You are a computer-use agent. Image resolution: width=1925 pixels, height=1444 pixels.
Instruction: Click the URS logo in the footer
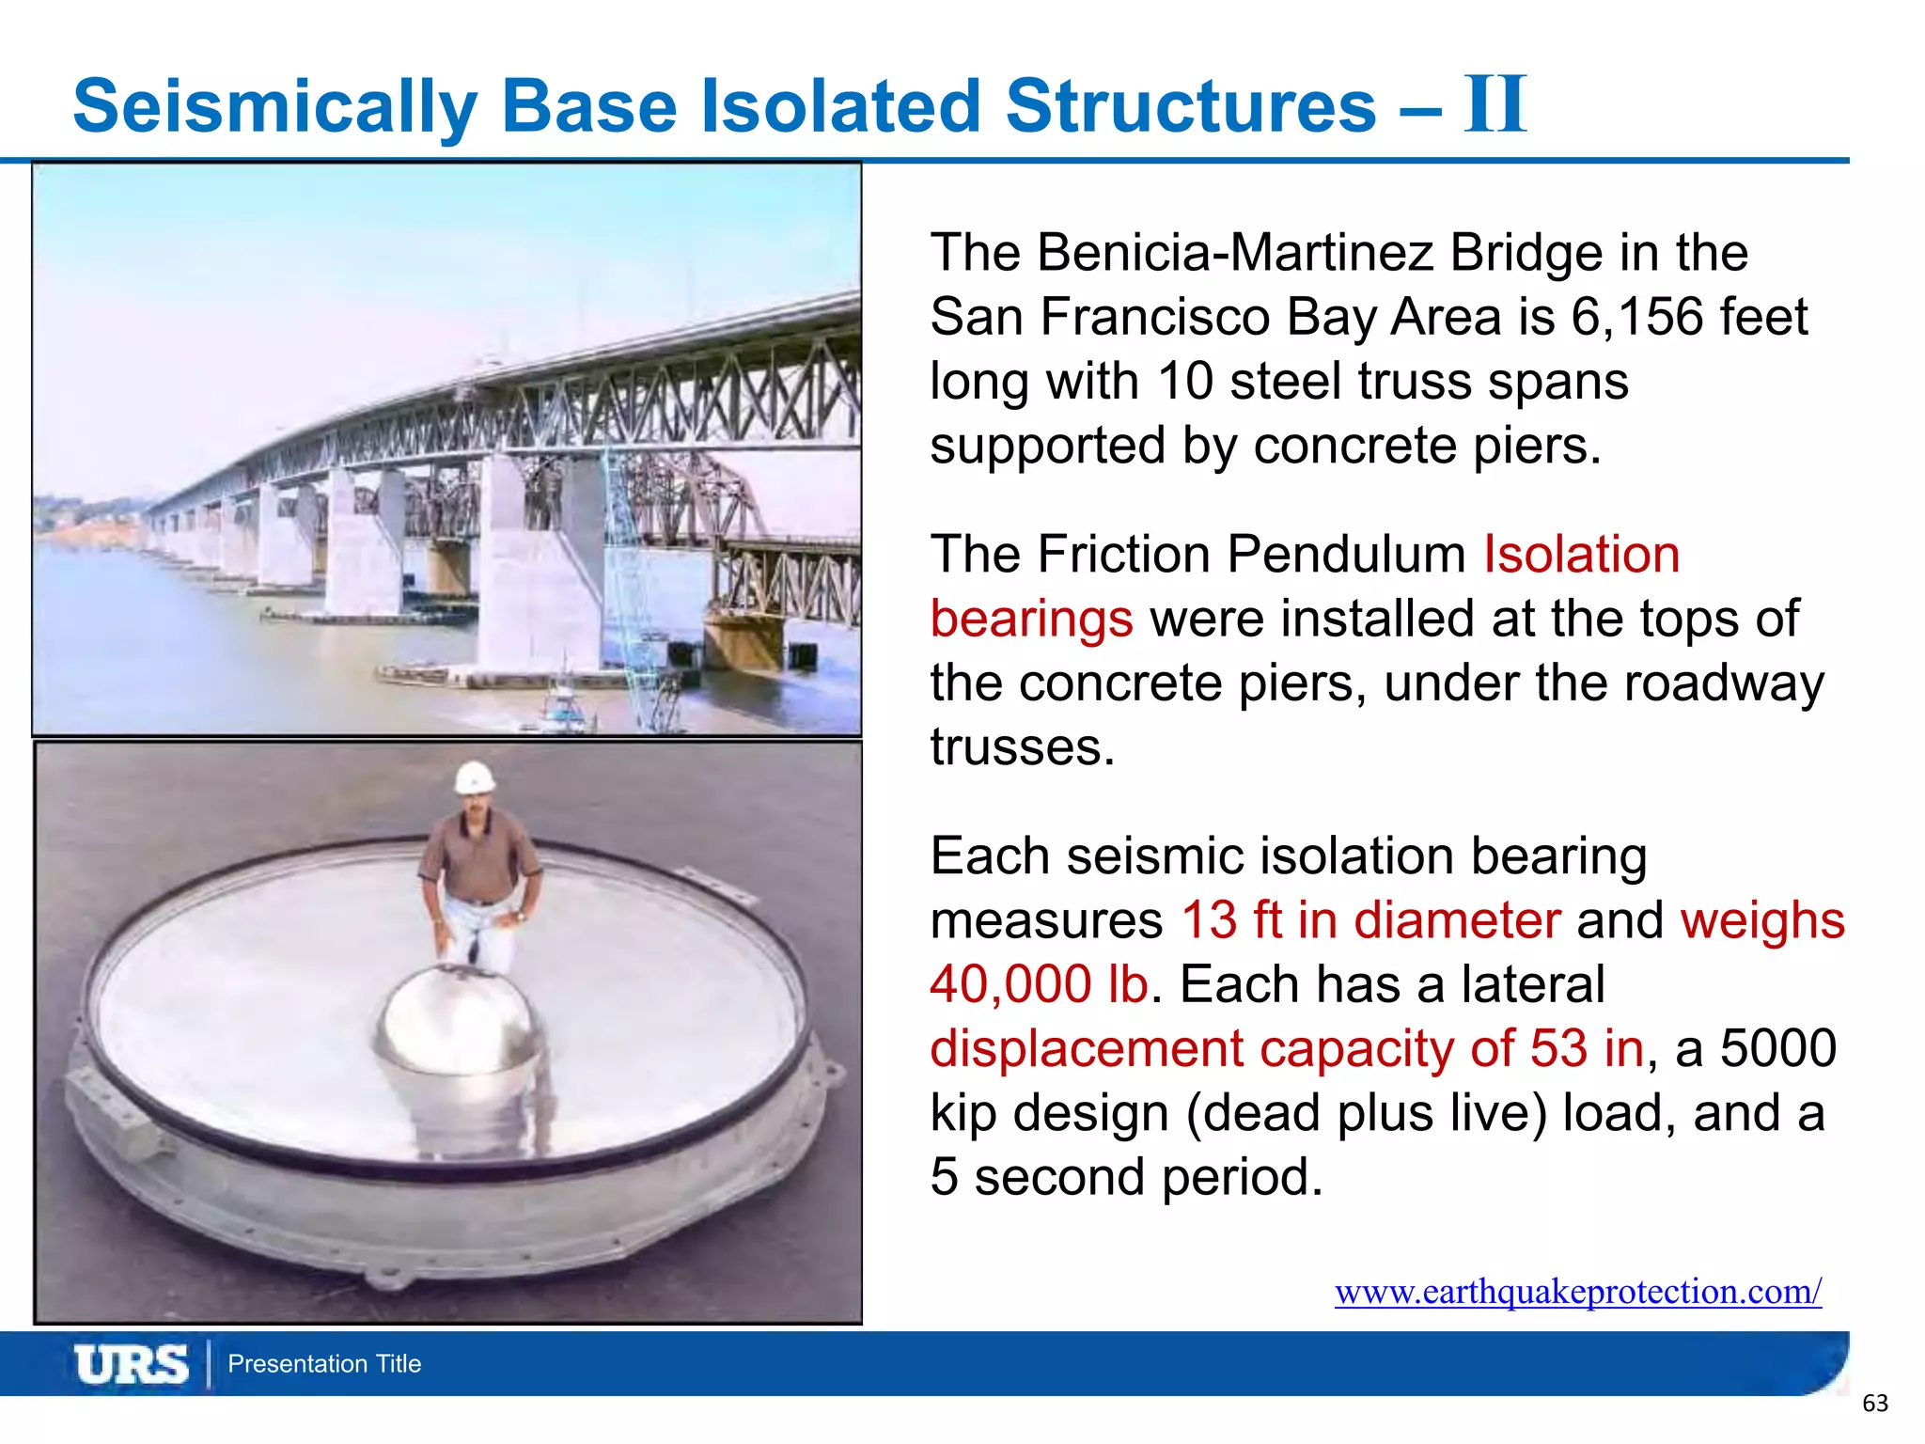(131, 1364)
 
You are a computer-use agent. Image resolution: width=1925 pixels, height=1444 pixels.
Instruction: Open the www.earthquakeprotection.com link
(1577, 1292)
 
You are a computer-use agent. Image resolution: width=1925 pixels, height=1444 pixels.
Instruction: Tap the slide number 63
(1874, 1404)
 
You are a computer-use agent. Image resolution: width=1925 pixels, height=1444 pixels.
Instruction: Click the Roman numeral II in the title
(1495, 104)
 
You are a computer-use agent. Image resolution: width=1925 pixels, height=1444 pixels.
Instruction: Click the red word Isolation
(1581, 554)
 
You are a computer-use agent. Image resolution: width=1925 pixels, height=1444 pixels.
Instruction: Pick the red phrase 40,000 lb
(1039, 984)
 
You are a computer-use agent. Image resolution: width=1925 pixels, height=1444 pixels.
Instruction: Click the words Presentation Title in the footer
(324, 1364)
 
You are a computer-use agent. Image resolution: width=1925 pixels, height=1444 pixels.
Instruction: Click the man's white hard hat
(475, 777)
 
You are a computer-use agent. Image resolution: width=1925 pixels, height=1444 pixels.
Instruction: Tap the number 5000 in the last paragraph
(1777, 1048)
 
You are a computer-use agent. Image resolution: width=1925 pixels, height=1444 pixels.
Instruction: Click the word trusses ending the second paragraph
(1021, 747)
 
